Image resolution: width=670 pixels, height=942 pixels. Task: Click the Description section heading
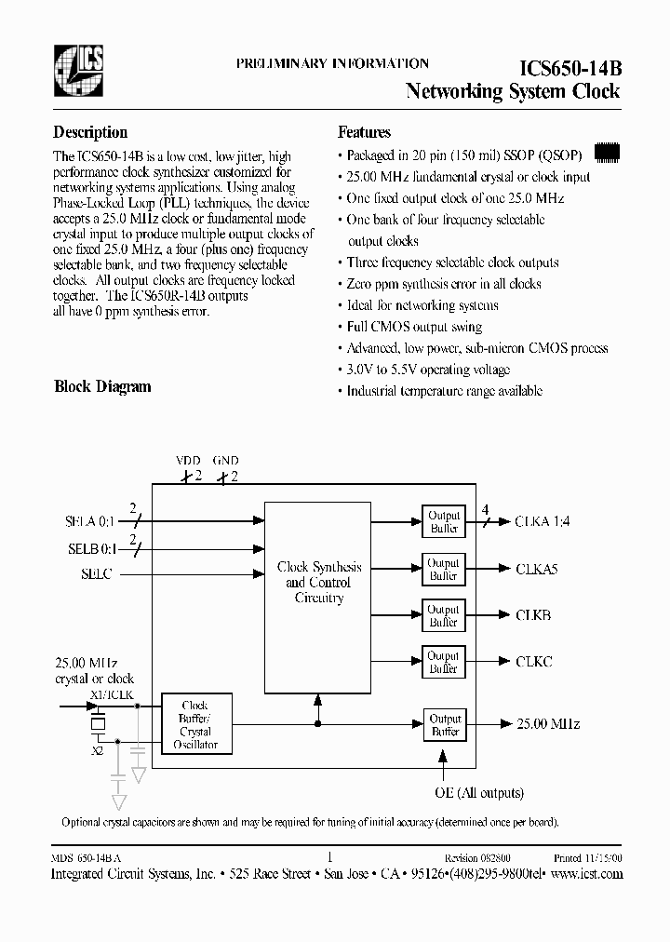[90, 132]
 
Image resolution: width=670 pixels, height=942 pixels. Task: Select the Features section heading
[364, 132]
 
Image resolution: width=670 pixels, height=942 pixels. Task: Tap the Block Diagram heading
[102, 386]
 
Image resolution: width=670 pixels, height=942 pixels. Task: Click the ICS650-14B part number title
[569, 68]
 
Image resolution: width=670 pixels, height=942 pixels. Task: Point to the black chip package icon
[606, 150]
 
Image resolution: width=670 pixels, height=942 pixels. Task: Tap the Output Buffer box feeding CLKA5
[443, 569]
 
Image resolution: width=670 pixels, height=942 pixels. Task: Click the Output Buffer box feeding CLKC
[443, 662]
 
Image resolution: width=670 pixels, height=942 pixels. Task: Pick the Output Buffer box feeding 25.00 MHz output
[444, 725]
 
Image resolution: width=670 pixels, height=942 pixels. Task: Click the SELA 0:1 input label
[89, 522]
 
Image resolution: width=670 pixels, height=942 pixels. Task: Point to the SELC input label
[96, 574]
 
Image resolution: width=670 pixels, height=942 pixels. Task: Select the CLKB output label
[533, 615]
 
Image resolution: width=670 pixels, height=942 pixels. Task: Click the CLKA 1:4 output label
[542, 522]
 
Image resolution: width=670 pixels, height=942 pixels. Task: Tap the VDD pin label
[187, 461]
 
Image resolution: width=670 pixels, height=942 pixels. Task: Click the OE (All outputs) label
[479, 793]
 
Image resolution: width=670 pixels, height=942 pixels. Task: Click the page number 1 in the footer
[330, 857]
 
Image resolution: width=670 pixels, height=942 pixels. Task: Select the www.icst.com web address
[586, 874]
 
